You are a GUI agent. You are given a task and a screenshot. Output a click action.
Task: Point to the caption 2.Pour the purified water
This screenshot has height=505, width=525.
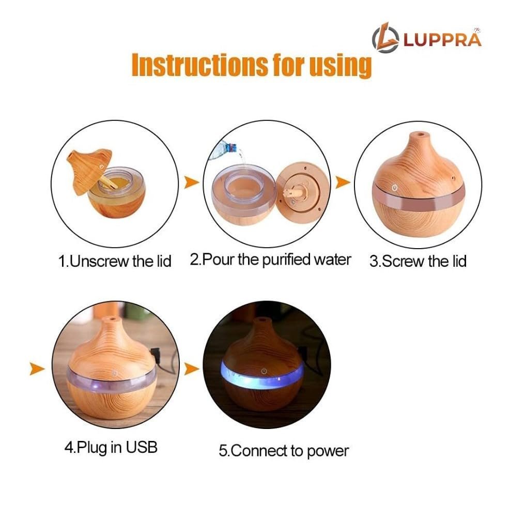tap(270, 259)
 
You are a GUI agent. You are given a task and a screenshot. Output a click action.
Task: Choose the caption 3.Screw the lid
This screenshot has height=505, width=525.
tap(418, 261)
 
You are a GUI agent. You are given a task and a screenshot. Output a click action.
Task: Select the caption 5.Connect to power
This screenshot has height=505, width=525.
tap(284, 451)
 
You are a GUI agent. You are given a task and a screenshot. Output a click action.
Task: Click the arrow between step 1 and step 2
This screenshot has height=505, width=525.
tap(192, 182)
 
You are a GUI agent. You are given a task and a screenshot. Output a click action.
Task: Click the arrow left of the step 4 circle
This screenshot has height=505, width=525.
tap(36, 369)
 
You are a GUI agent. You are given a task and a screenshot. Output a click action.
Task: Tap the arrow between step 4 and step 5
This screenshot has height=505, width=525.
tap(192, 369)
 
